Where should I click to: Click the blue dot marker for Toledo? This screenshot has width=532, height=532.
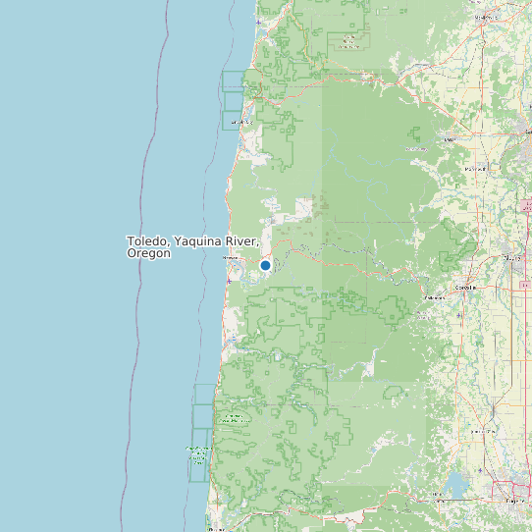click(265, 265)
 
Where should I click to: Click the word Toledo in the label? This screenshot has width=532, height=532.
click(146, 240)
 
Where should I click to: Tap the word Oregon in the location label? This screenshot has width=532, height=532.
click(148, 253)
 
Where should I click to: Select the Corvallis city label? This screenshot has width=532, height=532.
click(465, 288)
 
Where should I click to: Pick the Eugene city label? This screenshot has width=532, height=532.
click(514, 501)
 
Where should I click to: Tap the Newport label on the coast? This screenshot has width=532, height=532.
click(231, 258)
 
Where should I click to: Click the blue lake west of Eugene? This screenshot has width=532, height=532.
click(455, 485)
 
